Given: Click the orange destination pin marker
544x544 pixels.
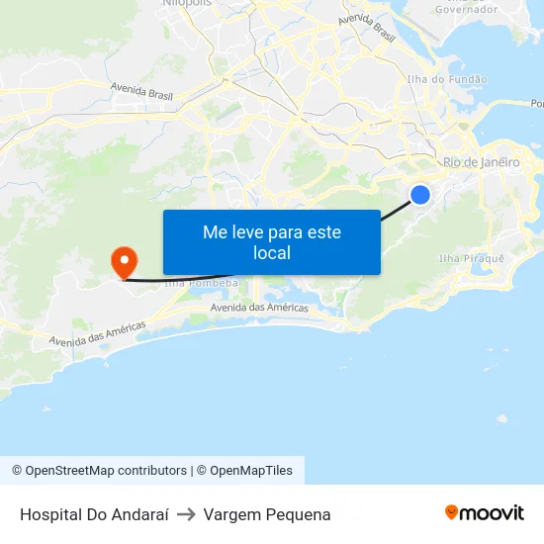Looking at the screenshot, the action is (x=125, y=262).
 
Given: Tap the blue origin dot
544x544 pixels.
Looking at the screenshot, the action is (x=420, y=195).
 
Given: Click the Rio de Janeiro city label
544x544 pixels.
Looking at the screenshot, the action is (x=481, y=162).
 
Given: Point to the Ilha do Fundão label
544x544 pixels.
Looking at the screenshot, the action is (x=447, y=79).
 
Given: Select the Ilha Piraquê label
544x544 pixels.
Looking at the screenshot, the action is (x=471, y=258).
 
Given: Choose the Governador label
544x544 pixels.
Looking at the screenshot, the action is (x=466, y=9).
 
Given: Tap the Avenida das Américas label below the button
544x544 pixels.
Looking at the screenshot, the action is (x=259, y=308).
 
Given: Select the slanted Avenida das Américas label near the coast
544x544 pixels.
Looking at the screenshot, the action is (x=97, y=333).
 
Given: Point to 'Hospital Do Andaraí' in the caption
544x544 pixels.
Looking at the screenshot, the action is (x=94, y=514).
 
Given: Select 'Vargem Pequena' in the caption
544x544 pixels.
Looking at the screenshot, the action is (x=267, y=514).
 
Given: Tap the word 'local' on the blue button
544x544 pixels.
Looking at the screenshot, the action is (x=271, y=253).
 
